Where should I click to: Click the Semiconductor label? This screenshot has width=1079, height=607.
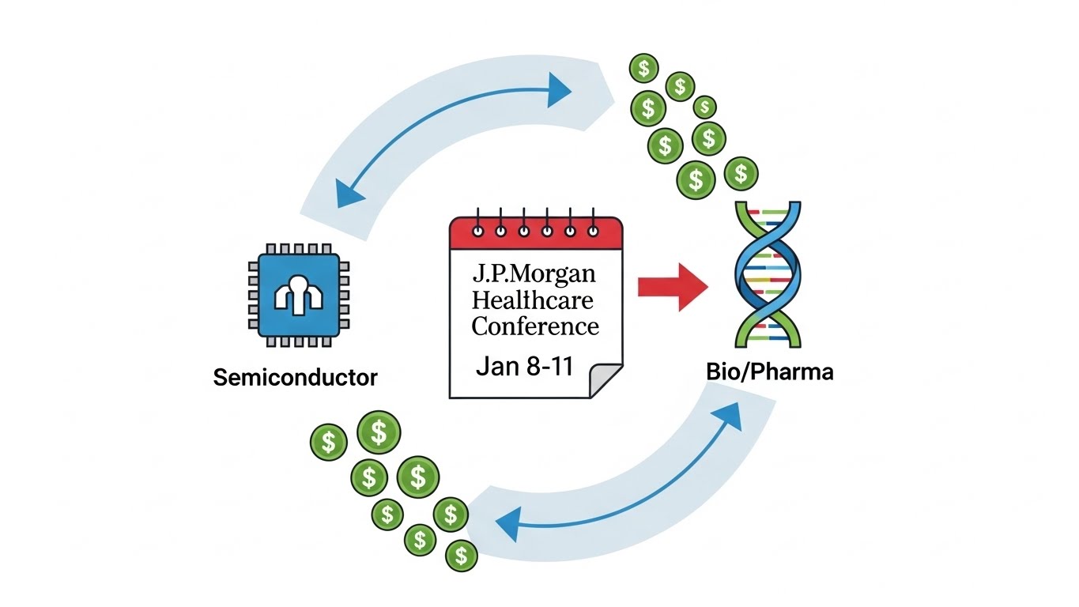[295, 377]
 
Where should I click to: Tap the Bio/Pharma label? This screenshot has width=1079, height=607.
[769, 371]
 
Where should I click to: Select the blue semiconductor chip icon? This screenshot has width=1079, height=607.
[294, 296]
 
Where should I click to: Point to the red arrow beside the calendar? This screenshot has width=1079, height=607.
[671, 287]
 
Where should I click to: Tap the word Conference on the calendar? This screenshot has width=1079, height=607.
[535, 326]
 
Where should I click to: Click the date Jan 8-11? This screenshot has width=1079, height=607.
[524, 367]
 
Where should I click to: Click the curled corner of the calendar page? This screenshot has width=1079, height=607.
[606, 380]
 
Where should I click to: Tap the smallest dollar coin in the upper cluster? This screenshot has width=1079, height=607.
[704, 106]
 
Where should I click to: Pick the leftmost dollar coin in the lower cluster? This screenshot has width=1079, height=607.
[329, 442]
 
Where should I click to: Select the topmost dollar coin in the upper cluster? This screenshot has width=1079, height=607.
[644, 69]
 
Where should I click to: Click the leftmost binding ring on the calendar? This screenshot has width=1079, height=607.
[477, 230]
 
